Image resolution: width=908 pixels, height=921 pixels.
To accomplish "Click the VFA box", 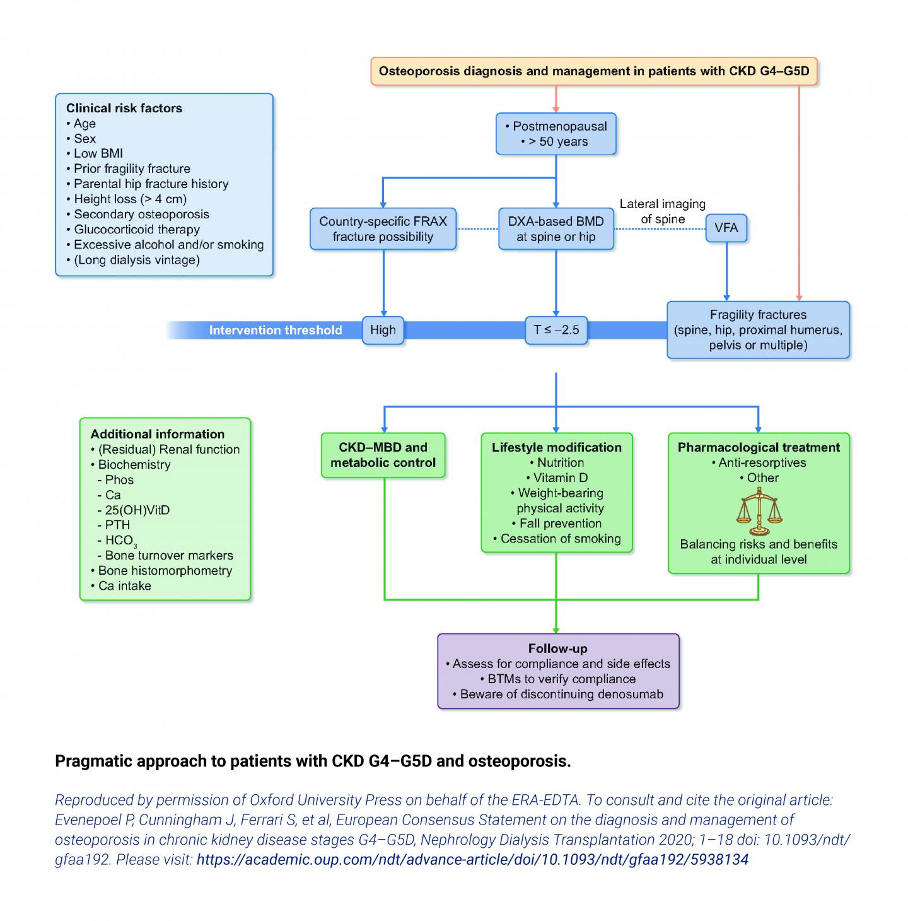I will coord(726,228).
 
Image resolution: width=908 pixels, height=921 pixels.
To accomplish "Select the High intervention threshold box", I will coord(383,330).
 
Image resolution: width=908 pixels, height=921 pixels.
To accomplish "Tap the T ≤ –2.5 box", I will coord(556,330).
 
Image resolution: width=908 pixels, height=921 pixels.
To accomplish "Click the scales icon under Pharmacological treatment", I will coord(759,511).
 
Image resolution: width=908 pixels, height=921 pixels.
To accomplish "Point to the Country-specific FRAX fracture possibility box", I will coord(383,229).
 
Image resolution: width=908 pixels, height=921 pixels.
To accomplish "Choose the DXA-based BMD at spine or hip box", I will coord(556,229).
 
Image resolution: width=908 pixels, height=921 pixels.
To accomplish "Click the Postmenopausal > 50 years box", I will coord(556,134).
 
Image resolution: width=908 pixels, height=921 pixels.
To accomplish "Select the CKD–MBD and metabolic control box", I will coord(383,455).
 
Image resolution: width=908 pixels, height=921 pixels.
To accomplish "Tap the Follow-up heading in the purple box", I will coord(557,648).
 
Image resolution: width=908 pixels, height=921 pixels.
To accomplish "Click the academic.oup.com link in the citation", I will coord(472,859).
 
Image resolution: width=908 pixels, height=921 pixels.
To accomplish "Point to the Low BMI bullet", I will coord(98,153).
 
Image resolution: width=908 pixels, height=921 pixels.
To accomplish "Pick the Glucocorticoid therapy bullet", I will coord(136,229).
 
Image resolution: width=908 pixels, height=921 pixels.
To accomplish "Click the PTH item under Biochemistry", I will coord(117,525).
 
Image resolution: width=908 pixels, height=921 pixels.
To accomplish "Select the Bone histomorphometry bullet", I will coord(165,570).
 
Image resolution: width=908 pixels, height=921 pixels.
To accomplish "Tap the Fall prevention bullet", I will coord(560,523).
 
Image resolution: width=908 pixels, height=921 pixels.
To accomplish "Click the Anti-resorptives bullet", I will coord(762,462).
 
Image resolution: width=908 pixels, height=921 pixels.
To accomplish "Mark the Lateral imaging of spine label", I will coord(662,211).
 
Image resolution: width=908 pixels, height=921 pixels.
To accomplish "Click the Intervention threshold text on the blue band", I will coord(276,330).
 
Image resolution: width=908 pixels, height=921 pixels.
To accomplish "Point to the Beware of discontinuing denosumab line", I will coord(561,694).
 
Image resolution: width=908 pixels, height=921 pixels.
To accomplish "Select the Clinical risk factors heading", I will coord(124,108).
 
